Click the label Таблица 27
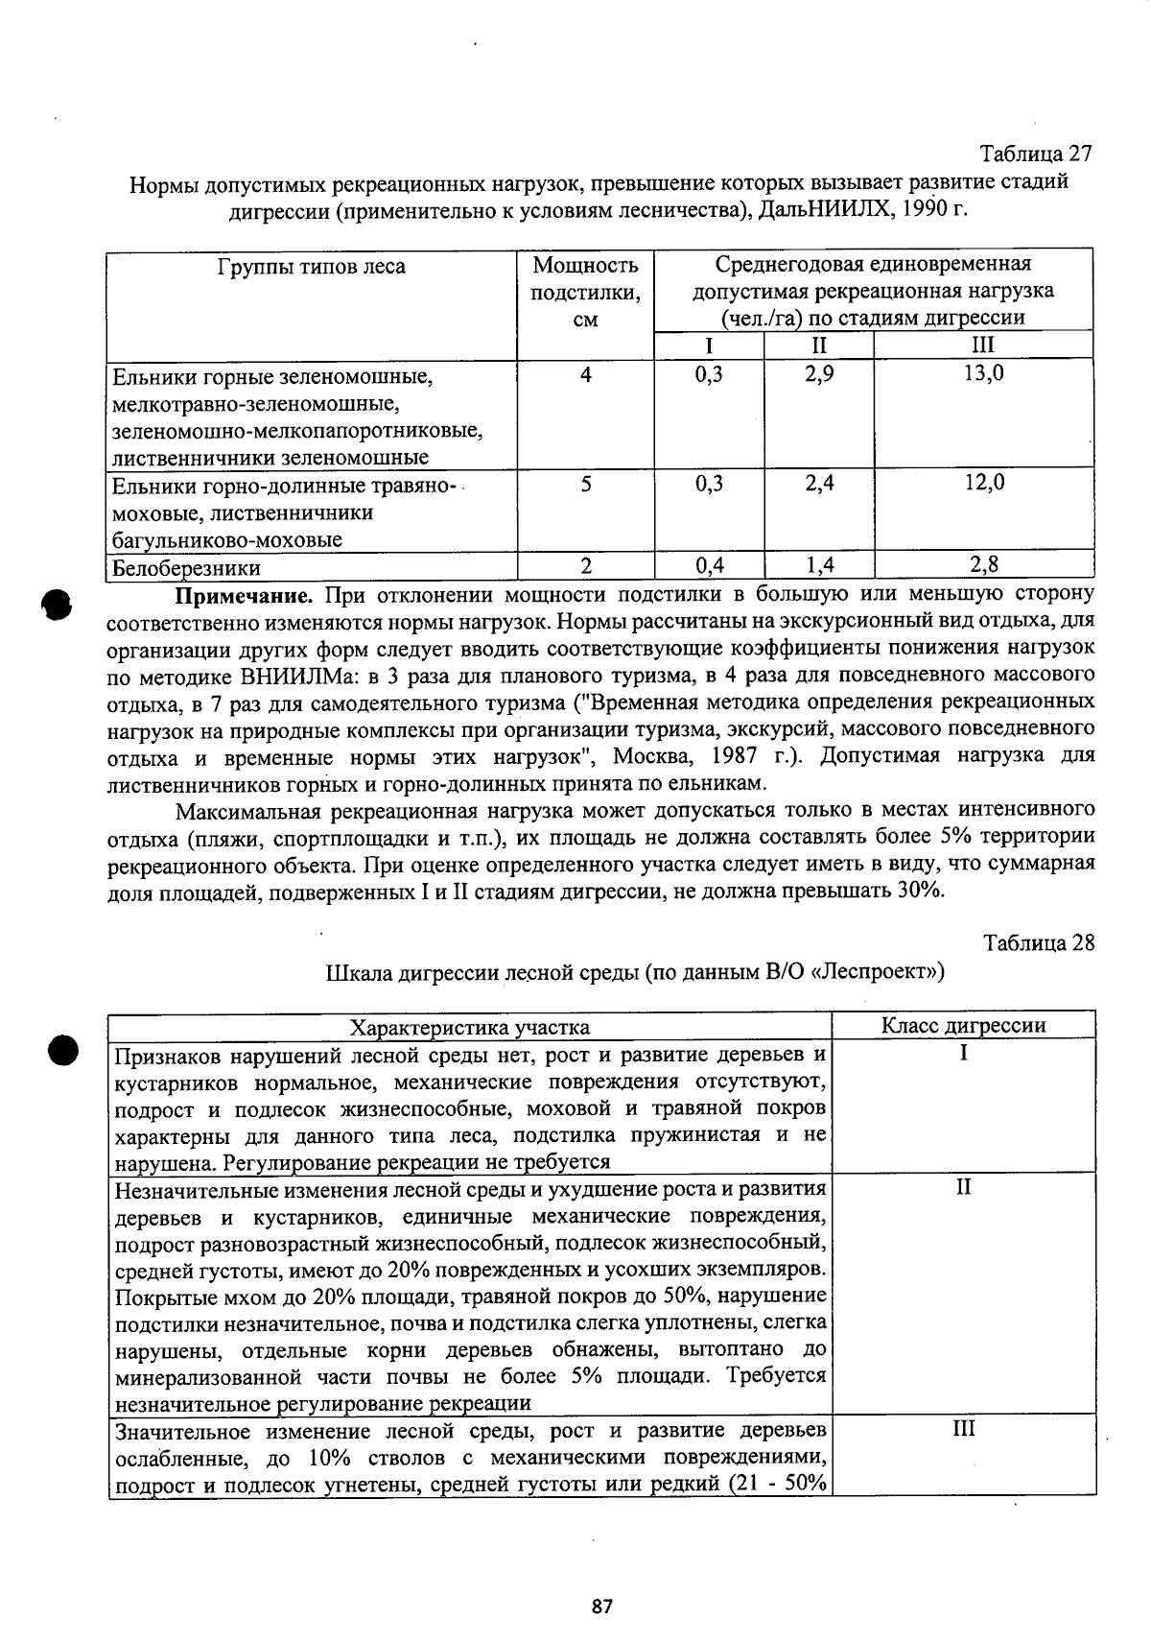point(1035,154)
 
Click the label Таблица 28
point(1039,942)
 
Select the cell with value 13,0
point(984,373)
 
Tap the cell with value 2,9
point(819,373)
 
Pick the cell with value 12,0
point(984,483)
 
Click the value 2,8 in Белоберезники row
point(984,564)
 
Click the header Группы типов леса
point(312,266)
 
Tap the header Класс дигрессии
point(963,1025)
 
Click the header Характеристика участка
point(469,1027)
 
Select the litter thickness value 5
point(585,484)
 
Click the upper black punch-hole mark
point(57,606)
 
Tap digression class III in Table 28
point(963,1429)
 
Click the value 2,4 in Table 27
point(819,483)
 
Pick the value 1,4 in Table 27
point(819,564)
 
